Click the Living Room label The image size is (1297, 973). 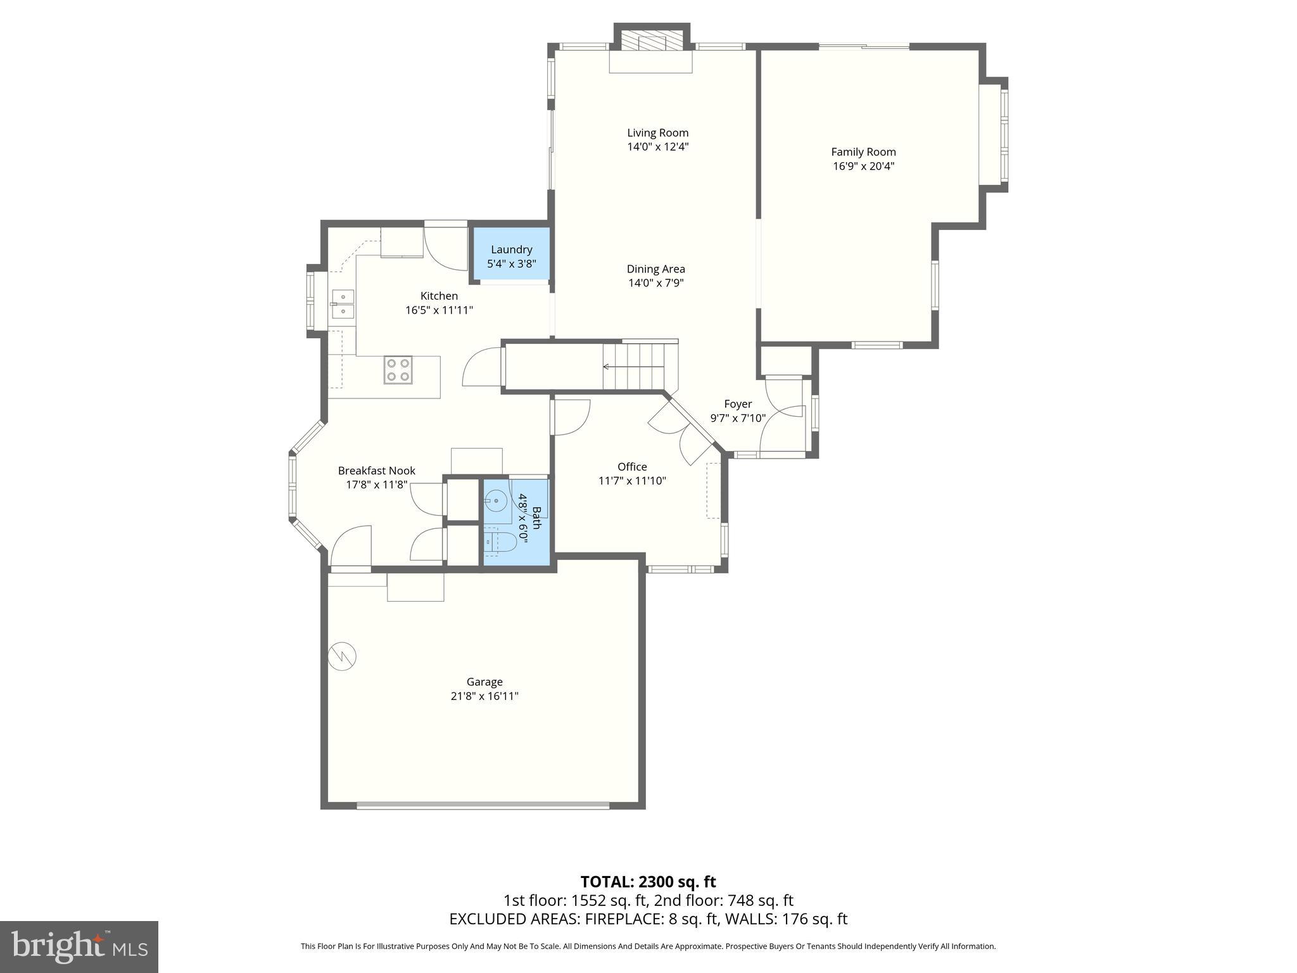(x=657, y=132)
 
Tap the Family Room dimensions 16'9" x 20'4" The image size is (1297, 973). (x=863, y=167)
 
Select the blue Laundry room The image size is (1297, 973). (x=511, y=256)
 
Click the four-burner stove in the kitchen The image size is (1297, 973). (x=398, y=370)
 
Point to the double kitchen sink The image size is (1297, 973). (x=343, y=303)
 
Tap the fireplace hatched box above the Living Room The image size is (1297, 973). (x=652, y=41)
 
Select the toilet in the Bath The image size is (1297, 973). (x=501, y=543)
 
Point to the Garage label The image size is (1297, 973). (x=484, y=682)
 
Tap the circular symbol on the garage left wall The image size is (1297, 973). (x=343, y=656)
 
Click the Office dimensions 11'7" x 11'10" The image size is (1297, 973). (x=632, y=481)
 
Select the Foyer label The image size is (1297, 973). (x=738, y=404)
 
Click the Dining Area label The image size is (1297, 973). (x=655, y=269)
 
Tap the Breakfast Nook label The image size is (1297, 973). (x=376, y=470)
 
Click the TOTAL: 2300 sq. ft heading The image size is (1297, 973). (x=648, y=881)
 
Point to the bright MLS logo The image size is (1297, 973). (x=79, y=946)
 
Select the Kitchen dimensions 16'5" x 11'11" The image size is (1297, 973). (x=439, y=310)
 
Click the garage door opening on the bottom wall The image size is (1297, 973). (x=483, y=806)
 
